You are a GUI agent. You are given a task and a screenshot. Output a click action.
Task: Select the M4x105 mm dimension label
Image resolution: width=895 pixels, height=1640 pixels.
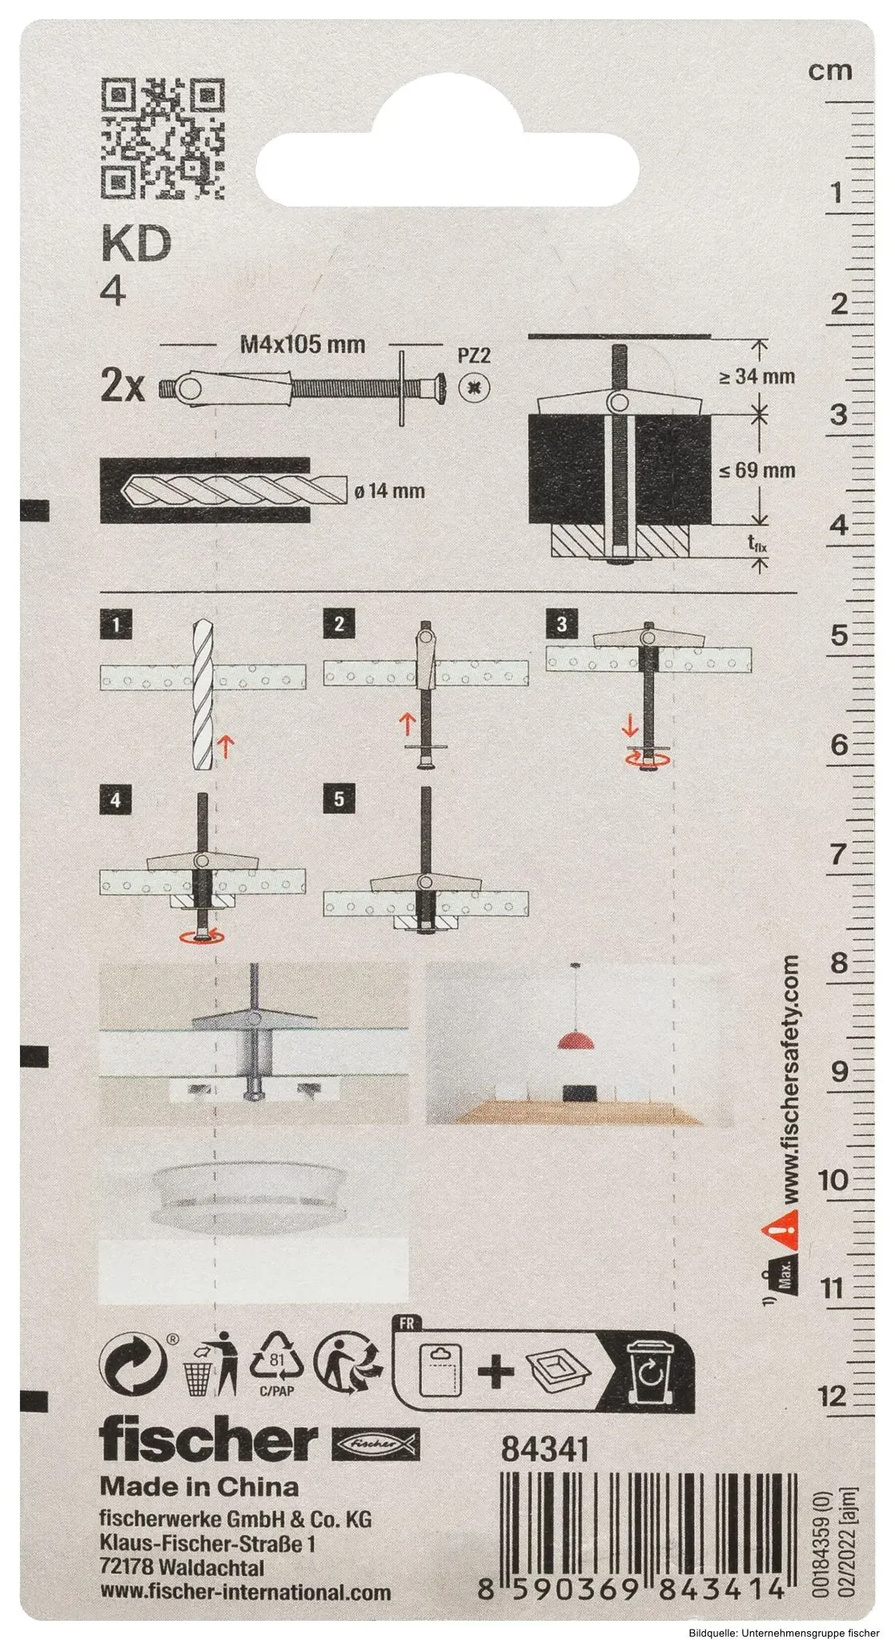click(303, 345)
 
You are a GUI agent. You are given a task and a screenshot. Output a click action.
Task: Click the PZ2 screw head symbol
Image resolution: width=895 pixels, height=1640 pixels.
click(475, 389)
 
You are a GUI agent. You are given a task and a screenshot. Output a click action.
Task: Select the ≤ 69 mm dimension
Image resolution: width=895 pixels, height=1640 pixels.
click(756, 470)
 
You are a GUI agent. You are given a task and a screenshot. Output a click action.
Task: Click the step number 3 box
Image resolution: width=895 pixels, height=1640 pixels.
click(561, 624)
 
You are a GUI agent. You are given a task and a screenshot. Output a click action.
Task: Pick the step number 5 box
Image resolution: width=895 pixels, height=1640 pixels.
click(339, 800)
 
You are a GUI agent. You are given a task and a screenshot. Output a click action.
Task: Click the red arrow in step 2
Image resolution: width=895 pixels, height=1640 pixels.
click(406, 726)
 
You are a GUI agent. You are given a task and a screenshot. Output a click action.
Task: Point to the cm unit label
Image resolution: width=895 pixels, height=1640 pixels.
click(829, 70)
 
